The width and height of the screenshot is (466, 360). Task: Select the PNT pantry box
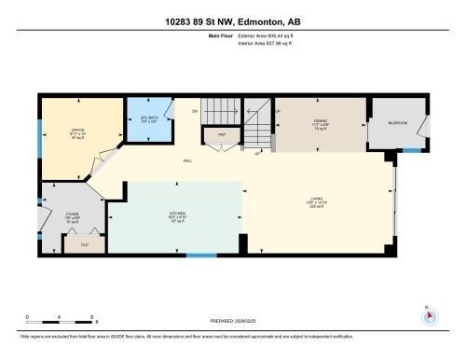[223, 135]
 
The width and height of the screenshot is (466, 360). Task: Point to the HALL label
[187, 161]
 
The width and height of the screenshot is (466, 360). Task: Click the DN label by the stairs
[195, 112]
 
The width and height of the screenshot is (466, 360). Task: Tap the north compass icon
[430, 315]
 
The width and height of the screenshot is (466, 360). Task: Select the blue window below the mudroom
[411, 149]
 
